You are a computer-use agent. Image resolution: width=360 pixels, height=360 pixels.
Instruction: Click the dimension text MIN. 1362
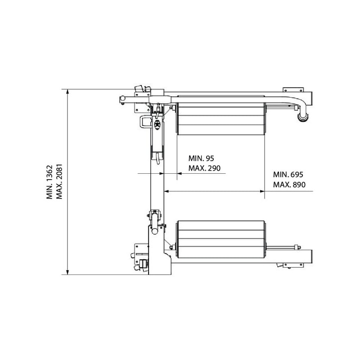pyautogui.click(x=49, y=182)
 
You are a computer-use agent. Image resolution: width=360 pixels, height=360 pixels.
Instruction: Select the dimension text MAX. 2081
pyautogui.click(x=59, y=181)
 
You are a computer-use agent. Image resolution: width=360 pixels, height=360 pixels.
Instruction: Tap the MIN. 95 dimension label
pyautogui.click(x=201, y=158)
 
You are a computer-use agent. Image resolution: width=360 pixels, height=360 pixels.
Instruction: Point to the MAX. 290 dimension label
pyautogui.click(x=204, y=168)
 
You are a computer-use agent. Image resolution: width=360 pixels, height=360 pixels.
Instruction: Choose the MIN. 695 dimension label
pyautogui.click(x=288, y=175)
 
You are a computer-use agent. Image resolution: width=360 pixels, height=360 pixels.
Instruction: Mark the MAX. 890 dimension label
pyautogui.click(x=289, y=184)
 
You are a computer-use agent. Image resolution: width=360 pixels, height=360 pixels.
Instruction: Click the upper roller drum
pyautogui.click(x=221, y=119)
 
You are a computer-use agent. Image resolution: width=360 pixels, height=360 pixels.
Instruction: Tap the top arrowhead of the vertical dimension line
pyautogui.click(x=67, y=92)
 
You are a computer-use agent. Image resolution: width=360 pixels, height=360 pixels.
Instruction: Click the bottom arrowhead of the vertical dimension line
pyautogui.click(x=67, y=272)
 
